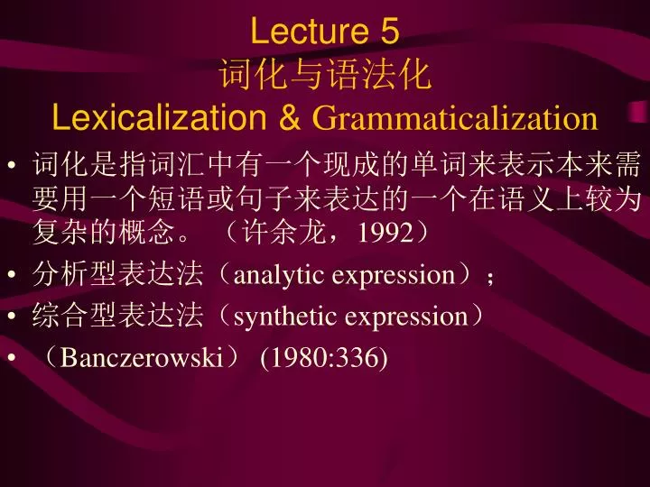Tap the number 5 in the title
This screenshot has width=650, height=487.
click(390, 32)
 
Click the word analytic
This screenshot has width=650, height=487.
click(281, 274)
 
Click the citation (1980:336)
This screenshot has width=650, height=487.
click(323, 359)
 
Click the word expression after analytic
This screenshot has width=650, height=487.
click(394, 274)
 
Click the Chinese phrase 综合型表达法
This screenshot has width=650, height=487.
click(116, 317)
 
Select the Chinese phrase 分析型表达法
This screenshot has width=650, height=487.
click(116, 274)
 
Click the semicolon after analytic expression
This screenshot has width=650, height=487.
click(490, 277)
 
